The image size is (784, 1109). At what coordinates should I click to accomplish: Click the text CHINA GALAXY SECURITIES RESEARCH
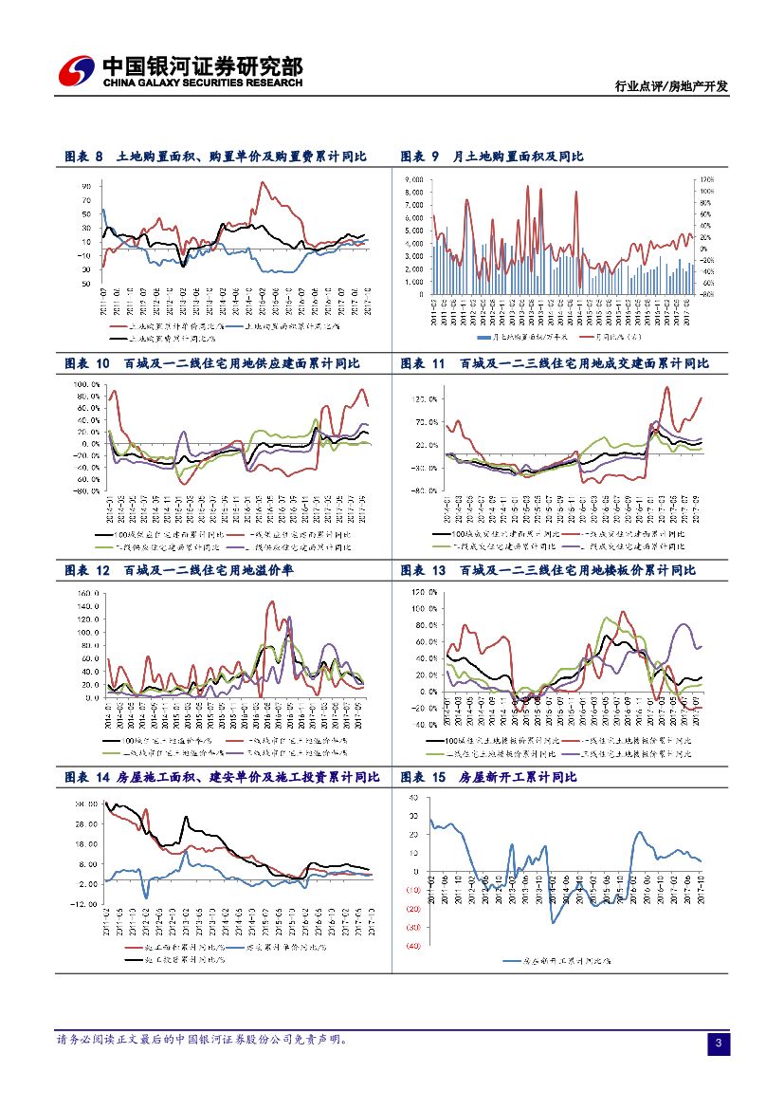(202, 83)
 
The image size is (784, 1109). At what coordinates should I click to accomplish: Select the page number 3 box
(719, 1044)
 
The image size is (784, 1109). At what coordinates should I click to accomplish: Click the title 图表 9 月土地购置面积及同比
(491, 157)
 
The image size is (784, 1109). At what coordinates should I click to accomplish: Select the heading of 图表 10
(211, 363)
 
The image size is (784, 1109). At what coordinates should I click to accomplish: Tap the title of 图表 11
(555, 363)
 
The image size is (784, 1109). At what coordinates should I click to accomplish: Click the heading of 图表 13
(548, 570)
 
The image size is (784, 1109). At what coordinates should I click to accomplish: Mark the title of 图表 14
(222, 777)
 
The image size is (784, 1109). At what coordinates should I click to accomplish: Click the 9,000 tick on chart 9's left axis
(414, 178)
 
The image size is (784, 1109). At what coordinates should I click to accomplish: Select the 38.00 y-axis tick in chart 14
(86, 804)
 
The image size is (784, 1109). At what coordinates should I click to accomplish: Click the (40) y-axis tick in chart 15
(413, 946)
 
